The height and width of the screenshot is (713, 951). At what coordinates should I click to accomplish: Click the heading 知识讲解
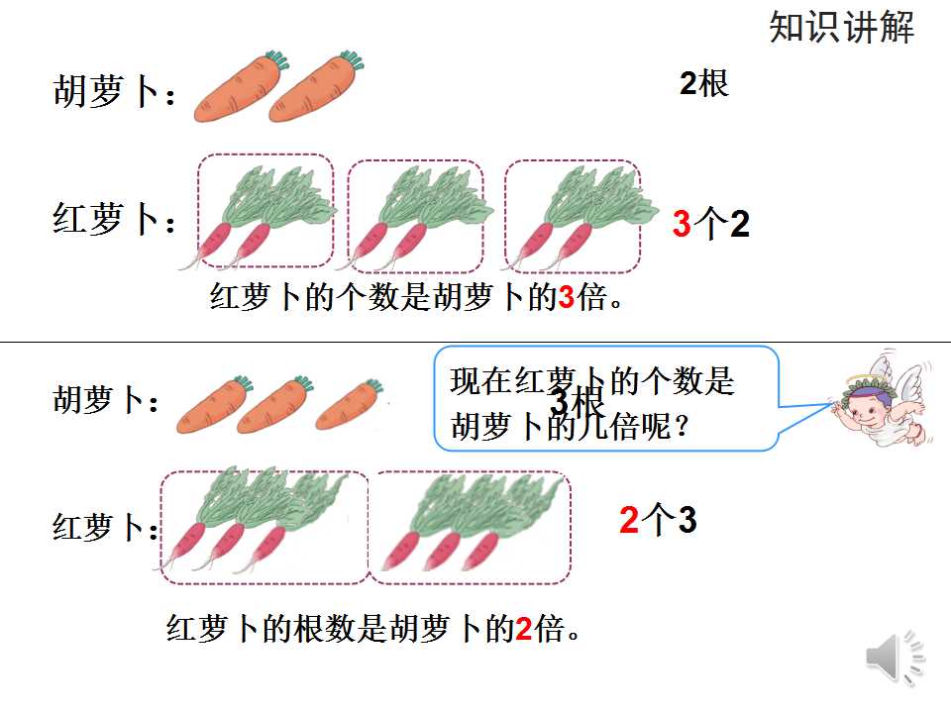tap(841, 28)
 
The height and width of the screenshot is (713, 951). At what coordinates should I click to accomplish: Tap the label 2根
tap(704, 83)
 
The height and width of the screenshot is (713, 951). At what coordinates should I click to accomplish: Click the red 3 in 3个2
tap(682, 223)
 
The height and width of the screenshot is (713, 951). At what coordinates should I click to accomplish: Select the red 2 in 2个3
tap(629, 520)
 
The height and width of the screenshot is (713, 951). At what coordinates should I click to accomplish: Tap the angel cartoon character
tap(881, 398)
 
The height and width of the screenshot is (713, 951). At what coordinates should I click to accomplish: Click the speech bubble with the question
tap(606, 398)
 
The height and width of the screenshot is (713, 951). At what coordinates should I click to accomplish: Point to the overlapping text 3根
tap(577, 401)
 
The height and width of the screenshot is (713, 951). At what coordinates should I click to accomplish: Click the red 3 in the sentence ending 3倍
tap(566, 297)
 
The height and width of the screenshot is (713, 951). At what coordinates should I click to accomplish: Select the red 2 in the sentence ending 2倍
tap(523, 628)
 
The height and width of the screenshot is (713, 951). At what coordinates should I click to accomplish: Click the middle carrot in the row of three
tap(274, 404)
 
